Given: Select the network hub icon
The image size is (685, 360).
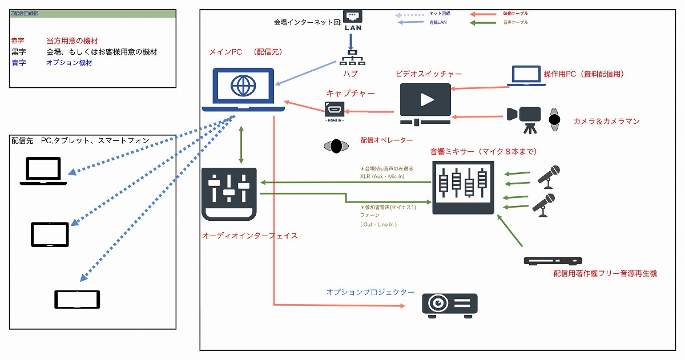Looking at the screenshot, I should pyautogui.click(x=352, y=58).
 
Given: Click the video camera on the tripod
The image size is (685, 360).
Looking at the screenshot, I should pyautogui.click(x=524, y=117).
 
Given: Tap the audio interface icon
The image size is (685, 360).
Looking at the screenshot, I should pyautogui.click(x=229, y=195).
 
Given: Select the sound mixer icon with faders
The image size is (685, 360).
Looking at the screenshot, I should pyautogui.click(x=463, y=187).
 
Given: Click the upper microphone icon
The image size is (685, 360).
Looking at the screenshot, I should pyautogui.click(x=549, y=176).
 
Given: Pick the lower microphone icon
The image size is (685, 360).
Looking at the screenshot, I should pyautogui.click(x=544, y=205).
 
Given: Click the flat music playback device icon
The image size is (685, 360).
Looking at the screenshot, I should pyautogui.click(x=553, y=261).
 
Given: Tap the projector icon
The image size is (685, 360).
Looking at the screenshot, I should pyautogui.click(x=449, y=304).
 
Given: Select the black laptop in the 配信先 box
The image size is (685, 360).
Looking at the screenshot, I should pyautogui.click(x=43, y=172).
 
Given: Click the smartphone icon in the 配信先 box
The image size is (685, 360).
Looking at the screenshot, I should pyautogui.click(x=77, y=300).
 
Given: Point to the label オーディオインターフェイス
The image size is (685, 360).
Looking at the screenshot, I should pyautogui.click(x=249, y=235).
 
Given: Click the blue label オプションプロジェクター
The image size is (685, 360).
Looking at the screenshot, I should pyautogui.click(x=370, y=292).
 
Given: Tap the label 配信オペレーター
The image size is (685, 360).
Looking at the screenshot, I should pyautogui.click(x=386, y=140).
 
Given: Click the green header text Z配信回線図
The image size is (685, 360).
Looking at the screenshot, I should pyautogui.click(x=25, y=13).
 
